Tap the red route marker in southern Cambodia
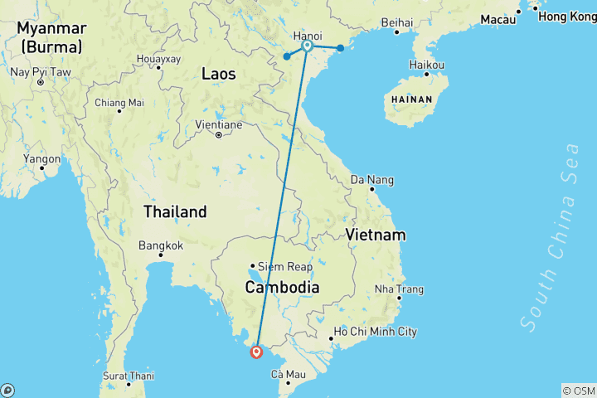click(x=257, y=352)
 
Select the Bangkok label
click(x=161, y=245)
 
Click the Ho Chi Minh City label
click(x=375, y=332)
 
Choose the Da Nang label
click(x=372, y=179)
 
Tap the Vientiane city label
click(x=219, y=124)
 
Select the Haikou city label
click(x=428, y=65)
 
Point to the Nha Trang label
click(x=399, y=289)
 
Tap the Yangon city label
click(x=42, y=158)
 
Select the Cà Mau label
click(x=286, y=375)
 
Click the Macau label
click(x=498, y=19)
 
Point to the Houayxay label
click(x=158, y=60)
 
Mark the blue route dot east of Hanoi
click(x=340, y=48)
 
